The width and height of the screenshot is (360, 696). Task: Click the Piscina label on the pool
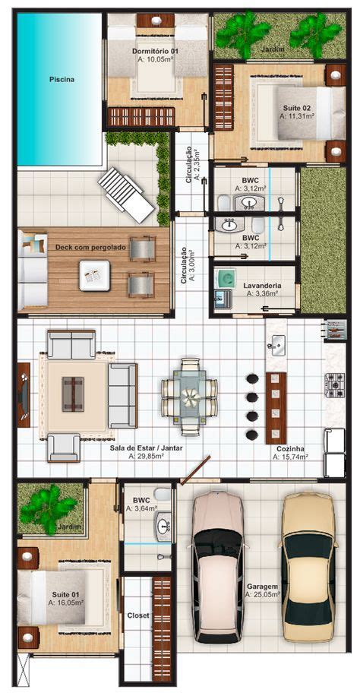62,80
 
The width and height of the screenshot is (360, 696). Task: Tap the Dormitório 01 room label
155,51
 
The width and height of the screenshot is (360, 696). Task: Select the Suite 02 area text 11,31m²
297,115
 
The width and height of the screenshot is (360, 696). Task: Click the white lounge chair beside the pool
126,195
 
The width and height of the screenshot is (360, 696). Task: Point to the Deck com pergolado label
90,247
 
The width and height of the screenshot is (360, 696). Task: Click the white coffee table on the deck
94,276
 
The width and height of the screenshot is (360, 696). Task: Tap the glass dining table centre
190,397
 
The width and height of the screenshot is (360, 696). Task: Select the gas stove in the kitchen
334,384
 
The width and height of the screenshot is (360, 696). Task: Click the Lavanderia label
262,286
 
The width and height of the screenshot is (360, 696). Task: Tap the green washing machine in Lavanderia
226,278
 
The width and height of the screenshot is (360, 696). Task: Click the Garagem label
262,586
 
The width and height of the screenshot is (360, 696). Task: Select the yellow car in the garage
308,566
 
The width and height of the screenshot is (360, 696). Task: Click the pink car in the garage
219,566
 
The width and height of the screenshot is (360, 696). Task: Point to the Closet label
137,615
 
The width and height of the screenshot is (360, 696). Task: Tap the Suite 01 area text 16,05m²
66,603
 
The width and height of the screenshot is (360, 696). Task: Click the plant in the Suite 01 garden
48,508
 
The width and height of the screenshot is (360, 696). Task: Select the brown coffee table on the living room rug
73,394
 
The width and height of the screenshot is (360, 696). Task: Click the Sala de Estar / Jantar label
146,448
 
